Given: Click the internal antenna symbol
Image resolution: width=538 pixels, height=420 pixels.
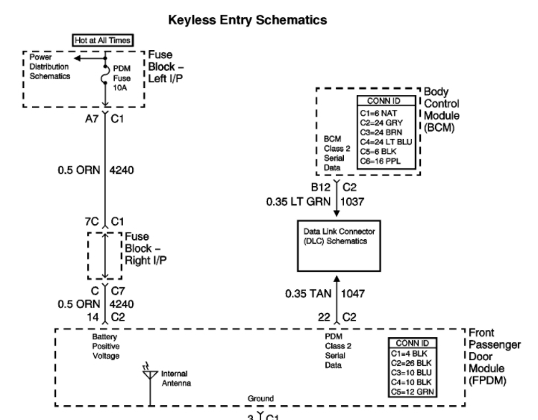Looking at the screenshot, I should coord(150,372).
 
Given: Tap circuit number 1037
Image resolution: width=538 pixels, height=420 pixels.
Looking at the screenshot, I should coord(354,202).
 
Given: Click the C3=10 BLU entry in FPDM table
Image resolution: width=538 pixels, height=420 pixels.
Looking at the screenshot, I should coord(412,371).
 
